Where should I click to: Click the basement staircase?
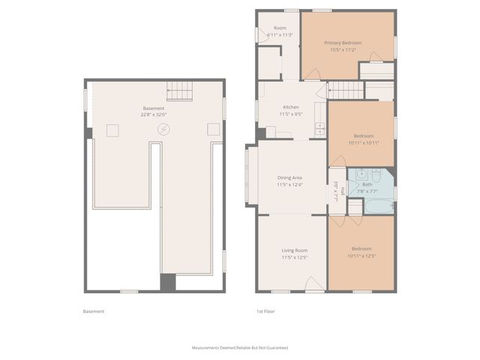click(179, 91)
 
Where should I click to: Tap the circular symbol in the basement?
click(163, 130)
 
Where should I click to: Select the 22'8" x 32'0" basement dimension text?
click(153, 115)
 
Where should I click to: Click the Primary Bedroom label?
click(343, 43)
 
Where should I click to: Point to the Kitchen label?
click(291, 106)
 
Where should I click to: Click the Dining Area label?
click(289, 177)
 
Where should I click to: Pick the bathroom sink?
click(361, 172)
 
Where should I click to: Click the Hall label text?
click(342, 191)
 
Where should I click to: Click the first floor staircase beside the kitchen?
click(346, 91)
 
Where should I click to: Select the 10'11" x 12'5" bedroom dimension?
click(361, 256)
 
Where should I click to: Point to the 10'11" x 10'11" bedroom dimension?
click(361, 142)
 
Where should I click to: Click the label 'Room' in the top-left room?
click(279, 28)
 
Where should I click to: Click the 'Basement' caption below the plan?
click(94, 311)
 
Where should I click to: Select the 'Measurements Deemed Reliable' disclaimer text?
click(240, 348)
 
